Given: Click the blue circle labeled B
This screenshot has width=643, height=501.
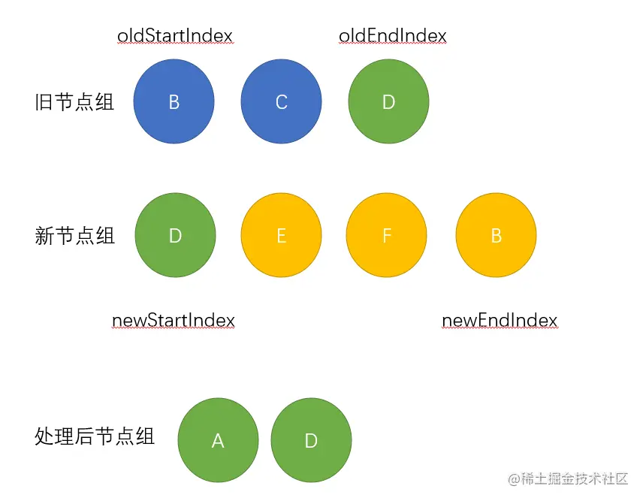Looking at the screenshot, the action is (174, 101).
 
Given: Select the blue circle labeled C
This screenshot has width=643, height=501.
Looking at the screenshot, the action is (281, 101).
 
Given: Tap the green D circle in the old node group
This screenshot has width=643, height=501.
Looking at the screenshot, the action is (388, 101).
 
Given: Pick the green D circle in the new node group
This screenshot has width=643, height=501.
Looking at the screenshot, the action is (175, 235).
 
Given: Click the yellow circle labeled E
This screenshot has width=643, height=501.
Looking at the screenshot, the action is (281, 235).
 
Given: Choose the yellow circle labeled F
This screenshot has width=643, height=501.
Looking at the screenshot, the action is (387, 235).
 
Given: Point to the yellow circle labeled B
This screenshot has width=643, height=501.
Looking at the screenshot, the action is (496, 235).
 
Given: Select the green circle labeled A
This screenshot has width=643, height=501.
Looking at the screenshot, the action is (218, 440).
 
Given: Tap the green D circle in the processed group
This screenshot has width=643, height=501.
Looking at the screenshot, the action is (311, 440).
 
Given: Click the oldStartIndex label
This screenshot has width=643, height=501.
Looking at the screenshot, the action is (175, 35).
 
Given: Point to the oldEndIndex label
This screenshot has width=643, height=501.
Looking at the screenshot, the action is (393, 35).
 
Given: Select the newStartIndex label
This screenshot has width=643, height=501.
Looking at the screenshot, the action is (174, 321).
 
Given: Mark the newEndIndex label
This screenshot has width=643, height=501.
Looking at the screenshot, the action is (500, 321).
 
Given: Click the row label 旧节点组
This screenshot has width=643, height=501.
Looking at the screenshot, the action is (74, 102).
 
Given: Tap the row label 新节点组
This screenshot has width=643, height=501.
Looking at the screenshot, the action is (74, 236).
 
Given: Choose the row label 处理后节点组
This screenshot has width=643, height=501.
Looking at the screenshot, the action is (95, 436).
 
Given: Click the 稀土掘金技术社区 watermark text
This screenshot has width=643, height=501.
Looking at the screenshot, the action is (567, 478).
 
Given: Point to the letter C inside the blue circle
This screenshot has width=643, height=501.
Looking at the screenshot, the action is (282, 102).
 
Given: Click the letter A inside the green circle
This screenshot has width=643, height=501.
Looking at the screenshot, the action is (218, 441).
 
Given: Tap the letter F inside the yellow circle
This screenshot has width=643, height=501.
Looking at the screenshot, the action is (387, 236).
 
